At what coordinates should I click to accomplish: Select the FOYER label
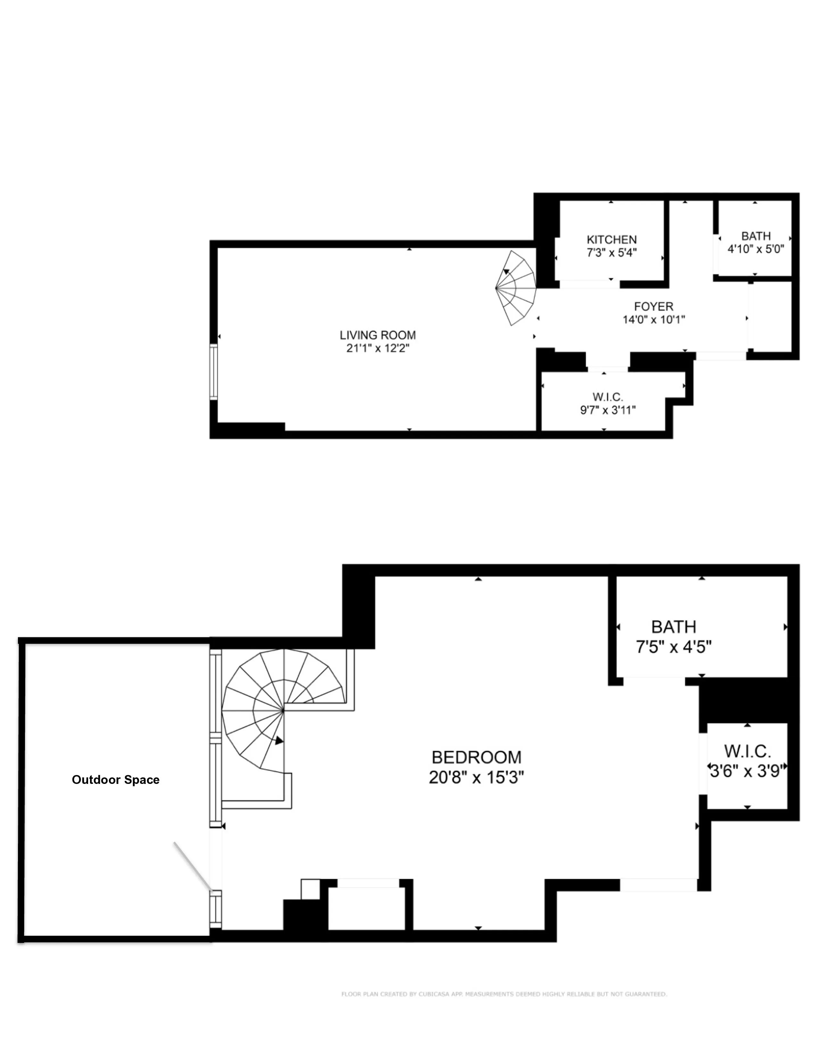point(653,306)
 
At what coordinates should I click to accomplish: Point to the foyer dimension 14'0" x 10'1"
point(653,319)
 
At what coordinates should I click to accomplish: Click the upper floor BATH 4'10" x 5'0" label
point(755,236)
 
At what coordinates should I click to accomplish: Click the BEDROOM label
point(476,757)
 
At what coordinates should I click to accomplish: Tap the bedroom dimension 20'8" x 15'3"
point(476,777)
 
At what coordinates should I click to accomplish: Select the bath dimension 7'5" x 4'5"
point(673,647)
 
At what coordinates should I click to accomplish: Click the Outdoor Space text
point(116,779)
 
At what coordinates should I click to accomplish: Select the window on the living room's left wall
point(213,372)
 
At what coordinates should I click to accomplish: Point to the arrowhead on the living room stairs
point(506,272)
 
